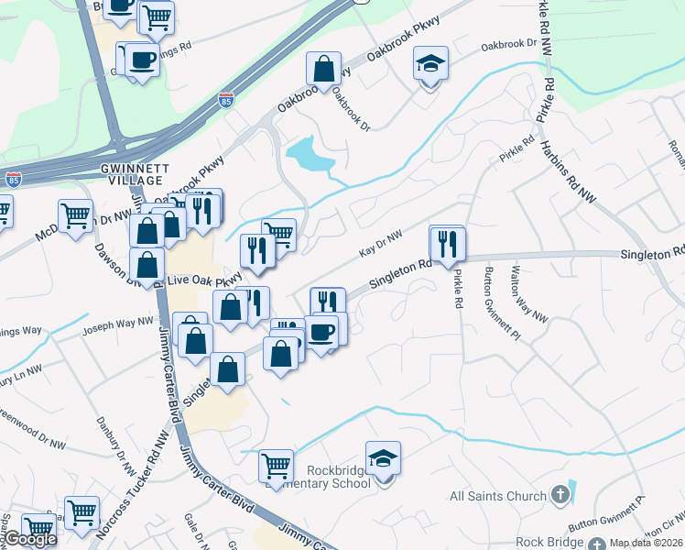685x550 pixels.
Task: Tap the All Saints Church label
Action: [x=497, y=496]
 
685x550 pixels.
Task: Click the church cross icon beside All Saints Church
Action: [x=560, y=496]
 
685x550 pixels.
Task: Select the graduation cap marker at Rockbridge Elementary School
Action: [x=383, y=457]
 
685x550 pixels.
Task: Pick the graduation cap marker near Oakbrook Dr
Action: [x=430, y=63]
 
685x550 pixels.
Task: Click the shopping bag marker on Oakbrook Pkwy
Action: [x=324, y=68]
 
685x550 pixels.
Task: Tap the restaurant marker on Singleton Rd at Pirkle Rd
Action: [x=448, y=243]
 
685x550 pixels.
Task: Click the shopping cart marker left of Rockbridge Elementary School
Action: [x=276, y=466]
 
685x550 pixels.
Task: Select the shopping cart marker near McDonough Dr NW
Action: [x=75, y=216]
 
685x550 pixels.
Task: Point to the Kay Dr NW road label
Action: [x=381, y=245]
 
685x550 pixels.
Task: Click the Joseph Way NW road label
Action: [x=119, y=323]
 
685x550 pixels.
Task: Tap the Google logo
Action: [x=30, y=539]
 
